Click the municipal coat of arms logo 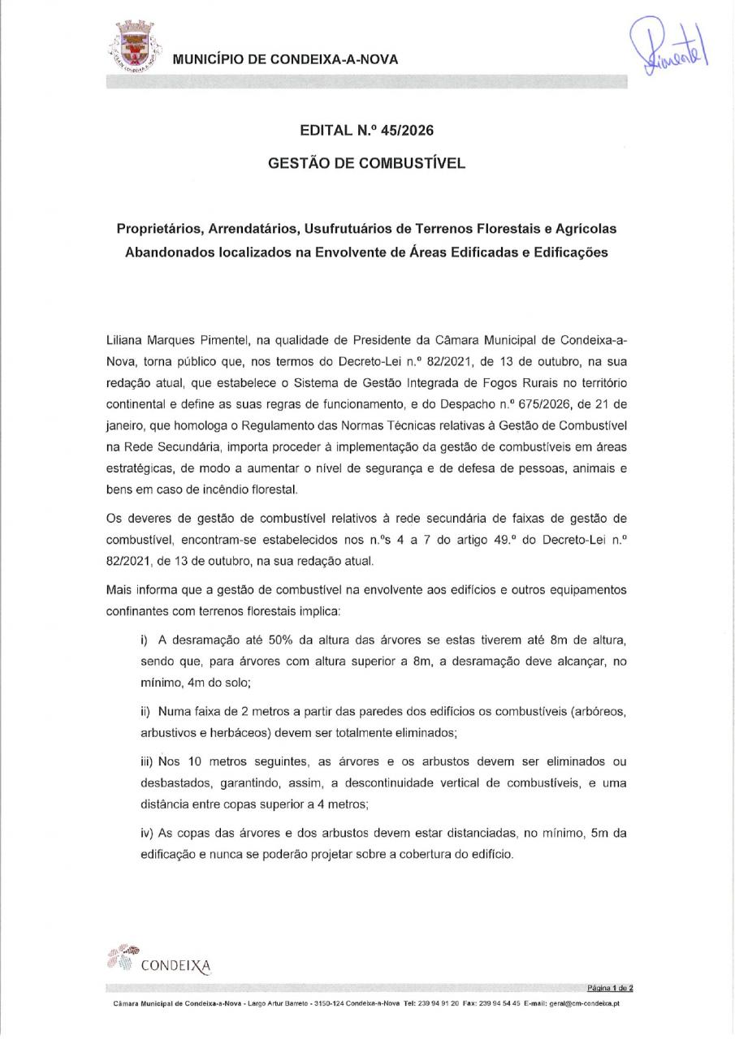(x=132, y=49)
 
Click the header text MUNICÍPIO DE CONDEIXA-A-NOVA (x=285, y=59)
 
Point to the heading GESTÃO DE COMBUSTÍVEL (x=366, y=163)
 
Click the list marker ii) (x=146, y=711)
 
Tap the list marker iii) (x=148, y=762)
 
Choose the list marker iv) (x=148, y=834)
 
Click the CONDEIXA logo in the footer (x=158, y=960)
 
